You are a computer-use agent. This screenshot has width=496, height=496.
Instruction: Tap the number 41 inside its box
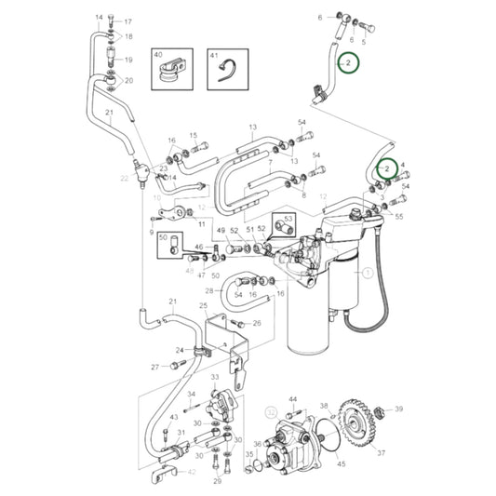pos(213,56)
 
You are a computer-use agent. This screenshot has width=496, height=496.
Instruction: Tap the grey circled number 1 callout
pos(367,273)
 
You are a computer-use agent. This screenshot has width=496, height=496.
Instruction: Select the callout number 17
pos(128,21)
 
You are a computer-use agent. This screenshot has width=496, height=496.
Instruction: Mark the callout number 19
pos(128,60)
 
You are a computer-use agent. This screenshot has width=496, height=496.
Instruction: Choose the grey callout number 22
pos(124,178)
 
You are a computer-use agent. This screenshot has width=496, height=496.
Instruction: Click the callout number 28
pos(208,290)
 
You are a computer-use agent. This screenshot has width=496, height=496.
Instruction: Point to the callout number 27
pos(154,367)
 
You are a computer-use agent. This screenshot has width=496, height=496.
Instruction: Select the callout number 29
pos(217,480)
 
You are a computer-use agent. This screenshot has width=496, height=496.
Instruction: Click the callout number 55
pos(399,216)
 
